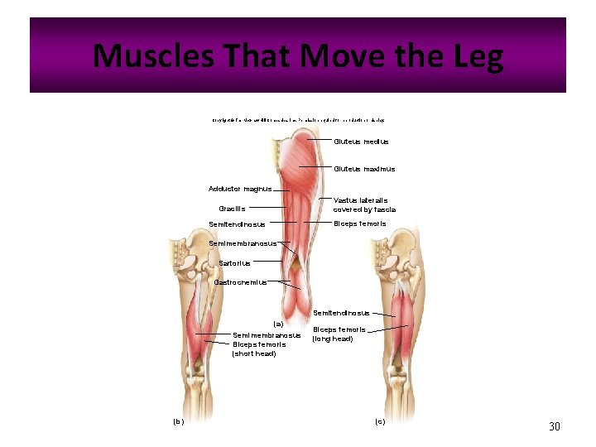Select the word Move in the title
coord(341,56)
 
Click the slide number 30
coord(555,426)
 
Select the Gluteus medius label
coord(361,142)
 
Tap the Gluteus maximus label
coord(364,169)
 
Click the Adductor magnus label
coord(240,189)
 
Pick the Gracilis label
coord(232,209)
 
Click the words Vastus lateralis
coord(360,200)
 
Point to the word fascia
coord(382,209)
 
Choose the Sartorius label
coord(234,263)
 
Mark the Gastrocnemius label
coord(240,282)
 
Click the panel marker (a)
coord(278,323)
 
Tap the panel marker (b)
coord(178,421)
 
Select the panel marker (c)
coord(380,421)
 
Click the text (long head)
coord(333,339)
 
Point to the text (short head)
coord(254,353)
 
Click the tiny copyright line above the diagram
coord(297,120)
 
